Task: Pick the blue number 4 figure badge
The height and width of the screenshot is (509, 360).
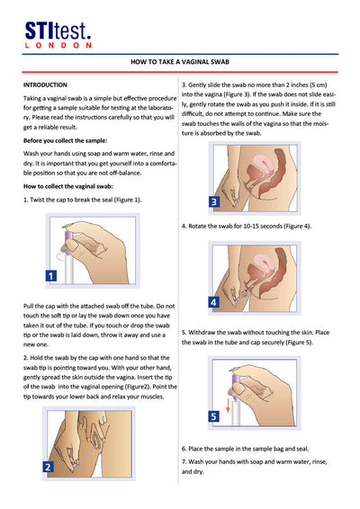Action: click(x=213, y=302)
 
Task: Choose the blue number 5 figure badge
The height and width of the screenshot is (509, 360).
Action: click(x=213, y=417)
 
